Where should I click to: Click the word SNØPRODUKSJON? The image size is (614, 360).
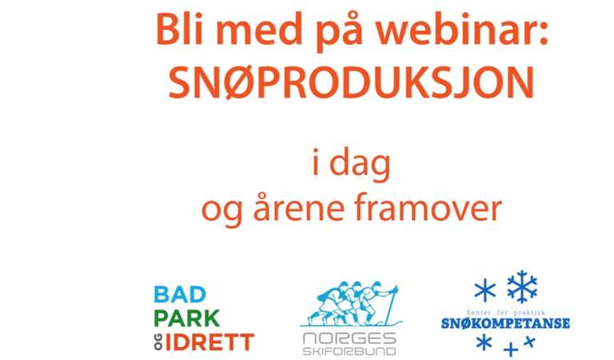pos(351,82)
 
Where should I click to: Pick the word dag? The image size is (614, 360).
pos(361,164)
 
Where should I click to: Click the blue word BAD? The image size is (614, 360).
pos(180,294)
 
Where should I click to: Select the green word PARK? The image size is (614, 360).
pos(187,318)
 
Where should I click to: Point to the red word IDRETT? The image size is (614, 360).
pos(209,342)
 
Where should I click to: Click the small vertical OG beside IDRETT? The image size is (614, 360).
pos(157,342)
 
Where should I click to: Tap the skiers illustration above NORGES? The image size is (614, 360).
pos(351,303)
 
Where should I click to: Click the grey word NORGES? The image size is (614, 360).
pos(349,338)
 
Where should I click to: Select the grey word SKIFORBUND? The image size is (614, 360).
pos(349,350)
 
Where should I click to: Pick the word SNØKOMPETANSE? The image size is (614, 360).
pos(505,323)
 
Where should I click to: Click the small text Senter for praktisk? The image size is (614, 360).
pos(505,313)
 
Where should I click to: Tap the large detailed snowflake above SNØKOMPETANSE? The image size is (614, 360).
pos(522,286)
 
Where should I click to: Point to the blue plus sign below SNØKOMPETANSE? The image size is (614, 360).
pos(511,349)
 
